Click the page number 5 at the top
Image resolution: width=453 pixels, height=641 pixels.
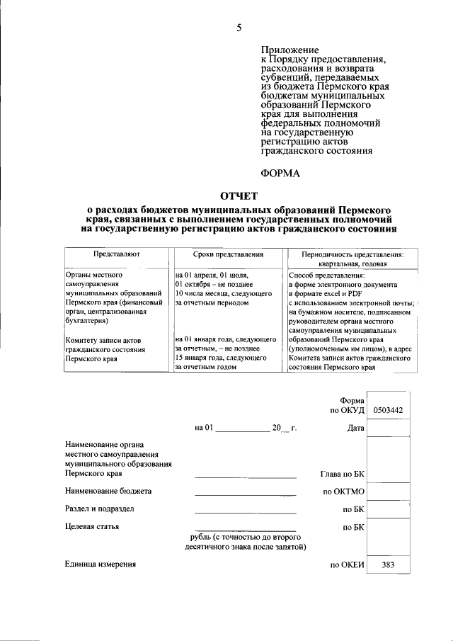click(239, 28)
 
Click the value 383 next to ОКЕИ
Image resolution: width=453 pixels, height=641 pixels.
click(387, 565)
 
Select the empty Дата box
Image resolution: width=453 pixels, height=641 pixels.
click(387, 429)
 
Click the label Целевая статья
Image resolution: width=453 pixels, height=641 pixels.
click(91, 526)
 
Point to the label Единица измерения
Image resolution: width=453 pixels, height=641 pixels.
click(100, 565)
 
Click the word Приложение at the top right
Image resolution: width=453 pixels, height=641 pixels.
click(290, 50)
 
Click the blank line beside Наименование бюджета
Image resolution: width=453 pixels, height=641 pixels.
click(245, 493)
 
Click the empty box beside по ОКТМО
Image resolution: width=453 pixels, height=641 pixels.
click(387, 491)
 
